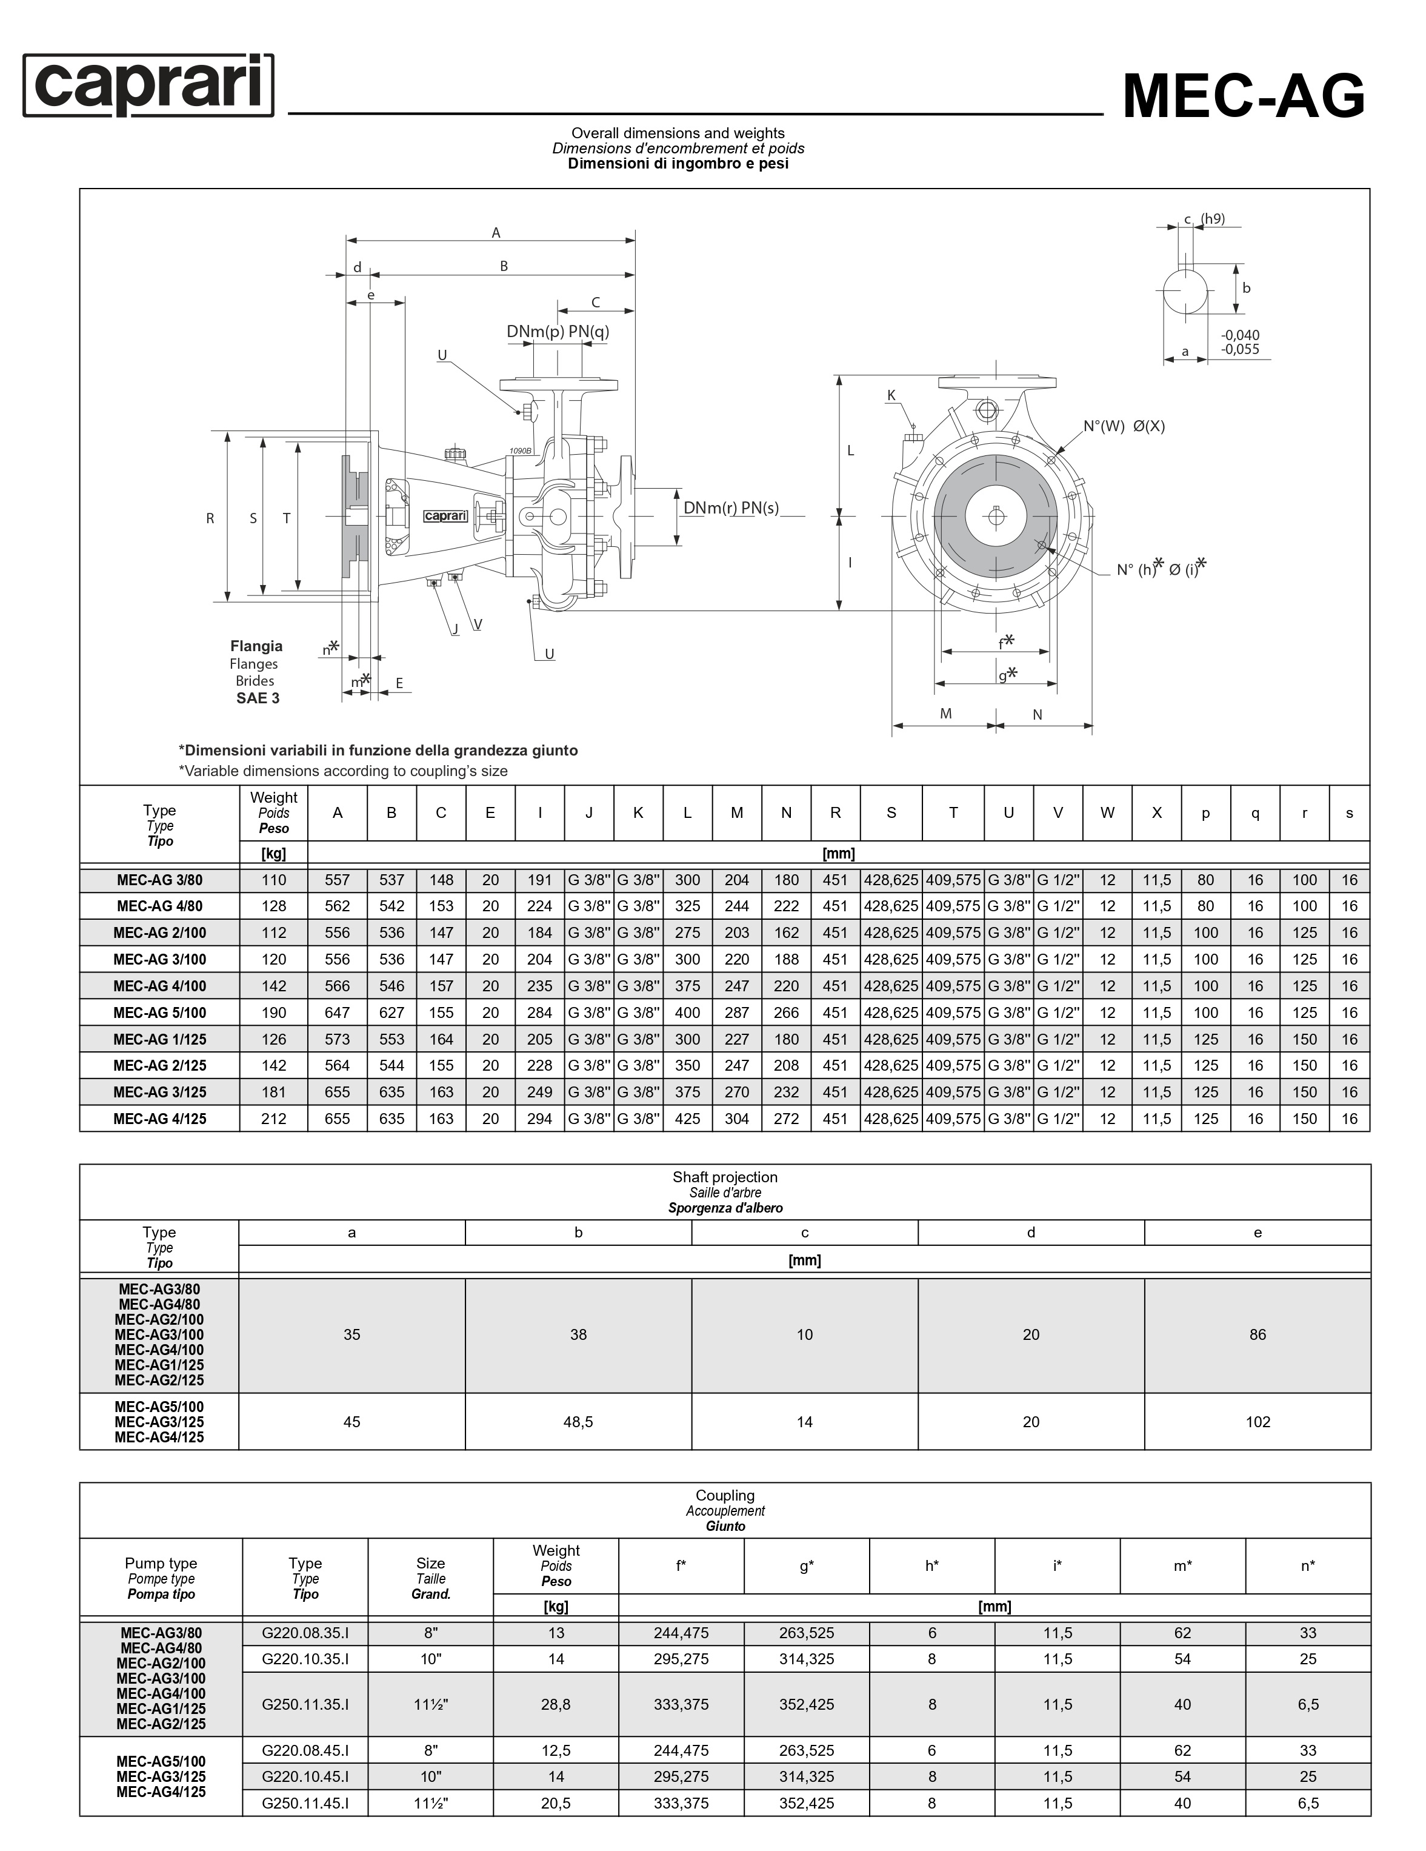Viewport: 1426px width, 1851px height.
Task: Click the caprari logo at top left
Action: click(148, 85)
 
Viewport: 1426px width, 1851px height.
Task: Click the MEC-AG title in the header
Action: click(1243, 96)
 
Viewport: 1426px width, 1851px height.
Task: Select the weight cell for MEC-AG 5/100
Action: click(274, 1013)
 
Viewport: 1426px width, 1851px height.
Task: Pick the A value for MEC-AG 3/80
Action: click(337, 880)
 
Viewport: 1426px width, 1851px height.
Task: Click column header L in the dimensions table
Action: click(687, 813)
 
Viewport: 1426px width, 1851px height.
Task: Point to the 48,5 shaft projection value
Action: click(578, 1422)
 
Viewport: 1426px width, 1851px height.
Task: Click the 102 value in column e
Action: click(1258, 1422)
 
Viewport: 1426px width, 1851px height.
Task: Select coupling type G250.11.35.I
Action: click(305, 1704)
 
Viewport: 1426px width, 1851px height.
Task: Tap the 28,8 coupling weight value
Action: click(556, 1704)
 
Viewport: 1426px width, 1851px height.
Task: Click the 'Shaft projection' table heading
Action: click(724, 1177)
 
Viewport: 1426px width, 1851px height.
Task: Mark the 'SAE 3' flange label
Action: click(258, 698)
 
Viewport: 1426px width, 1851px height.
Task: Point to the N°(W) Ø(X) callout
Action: click(1124, 426)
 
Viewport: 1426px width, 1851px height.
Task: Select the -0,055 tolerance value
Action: click(1239, 349)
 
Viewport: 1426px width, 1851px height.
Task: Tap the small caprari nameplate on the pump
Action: click(445, 516)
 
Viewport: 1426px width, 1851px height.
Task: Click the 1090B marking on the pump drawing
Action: click(520, 451)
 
